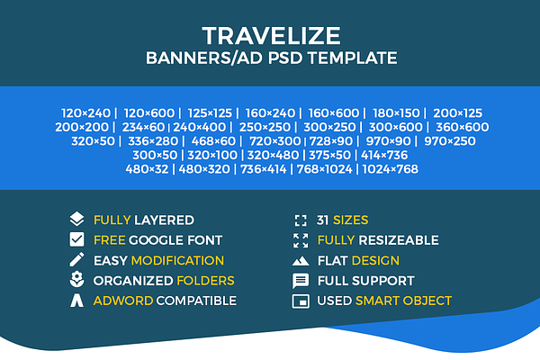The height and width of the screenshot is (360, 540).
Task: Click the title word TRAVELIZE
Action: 272,36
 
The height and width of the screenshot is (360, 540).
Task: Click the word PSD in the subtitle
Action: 284,58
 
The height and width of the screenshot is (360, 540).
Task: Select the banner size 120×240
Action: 85,113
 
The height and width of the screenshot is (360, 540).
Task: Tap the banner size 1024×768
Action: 391,169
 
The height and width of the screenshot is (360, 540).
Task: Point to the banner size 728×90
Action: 331,141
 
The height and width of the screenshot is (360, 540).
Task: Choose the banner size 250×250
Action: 265,127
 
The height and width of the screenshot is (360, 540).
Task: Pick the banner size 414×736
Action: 384,155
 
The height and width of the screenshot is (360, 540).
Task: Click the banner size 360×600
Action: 463,127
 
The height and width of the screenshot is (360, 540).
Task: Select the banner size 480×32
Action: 147,169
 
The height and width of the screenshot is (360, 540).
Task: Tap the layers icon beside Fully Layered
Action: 76,219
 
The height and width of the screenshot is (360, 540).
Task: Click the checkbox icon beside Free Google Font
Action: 76,239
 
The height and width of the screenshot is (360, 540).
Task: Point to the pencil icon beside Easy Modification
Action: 76,260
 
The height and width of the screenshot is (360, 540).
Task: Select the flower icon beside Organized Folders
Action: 76,280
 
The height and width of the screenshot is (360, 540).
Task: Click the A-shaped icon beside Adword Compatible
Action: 76,301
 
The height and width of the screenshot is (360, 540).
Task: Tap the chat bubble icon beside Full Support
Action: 301,281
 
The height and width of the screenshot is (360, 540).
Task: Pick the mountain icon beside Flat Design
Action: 301,261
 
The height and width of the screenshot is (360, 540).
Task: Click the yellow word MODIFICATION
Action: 177,260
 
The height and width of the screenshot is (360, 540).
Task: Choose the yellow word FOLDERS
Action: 205,281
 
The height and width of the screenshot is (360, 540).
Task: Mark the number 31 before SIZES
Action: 322,220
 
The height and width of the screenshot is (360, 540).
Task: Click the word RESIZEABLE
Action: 399,240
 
